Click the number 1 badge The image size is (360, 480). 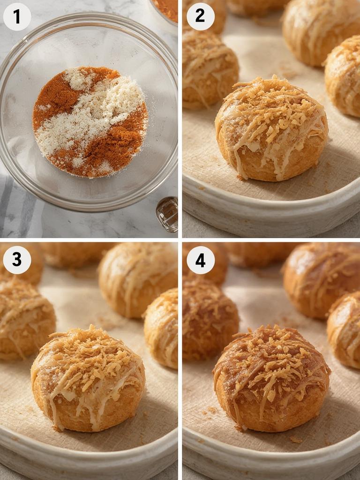17,16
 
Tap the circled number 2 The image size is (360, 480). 201,16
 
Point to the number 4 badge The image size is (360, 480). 201,260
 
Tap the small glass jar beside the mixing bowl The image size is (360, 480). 167,214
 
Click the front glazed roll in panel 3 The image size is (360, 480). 88,377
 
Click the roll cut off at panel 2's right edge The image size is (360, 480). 345,75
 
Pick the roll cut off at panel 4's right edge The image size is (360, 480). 345,328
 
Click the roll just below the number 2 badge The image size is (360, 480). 209,68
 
